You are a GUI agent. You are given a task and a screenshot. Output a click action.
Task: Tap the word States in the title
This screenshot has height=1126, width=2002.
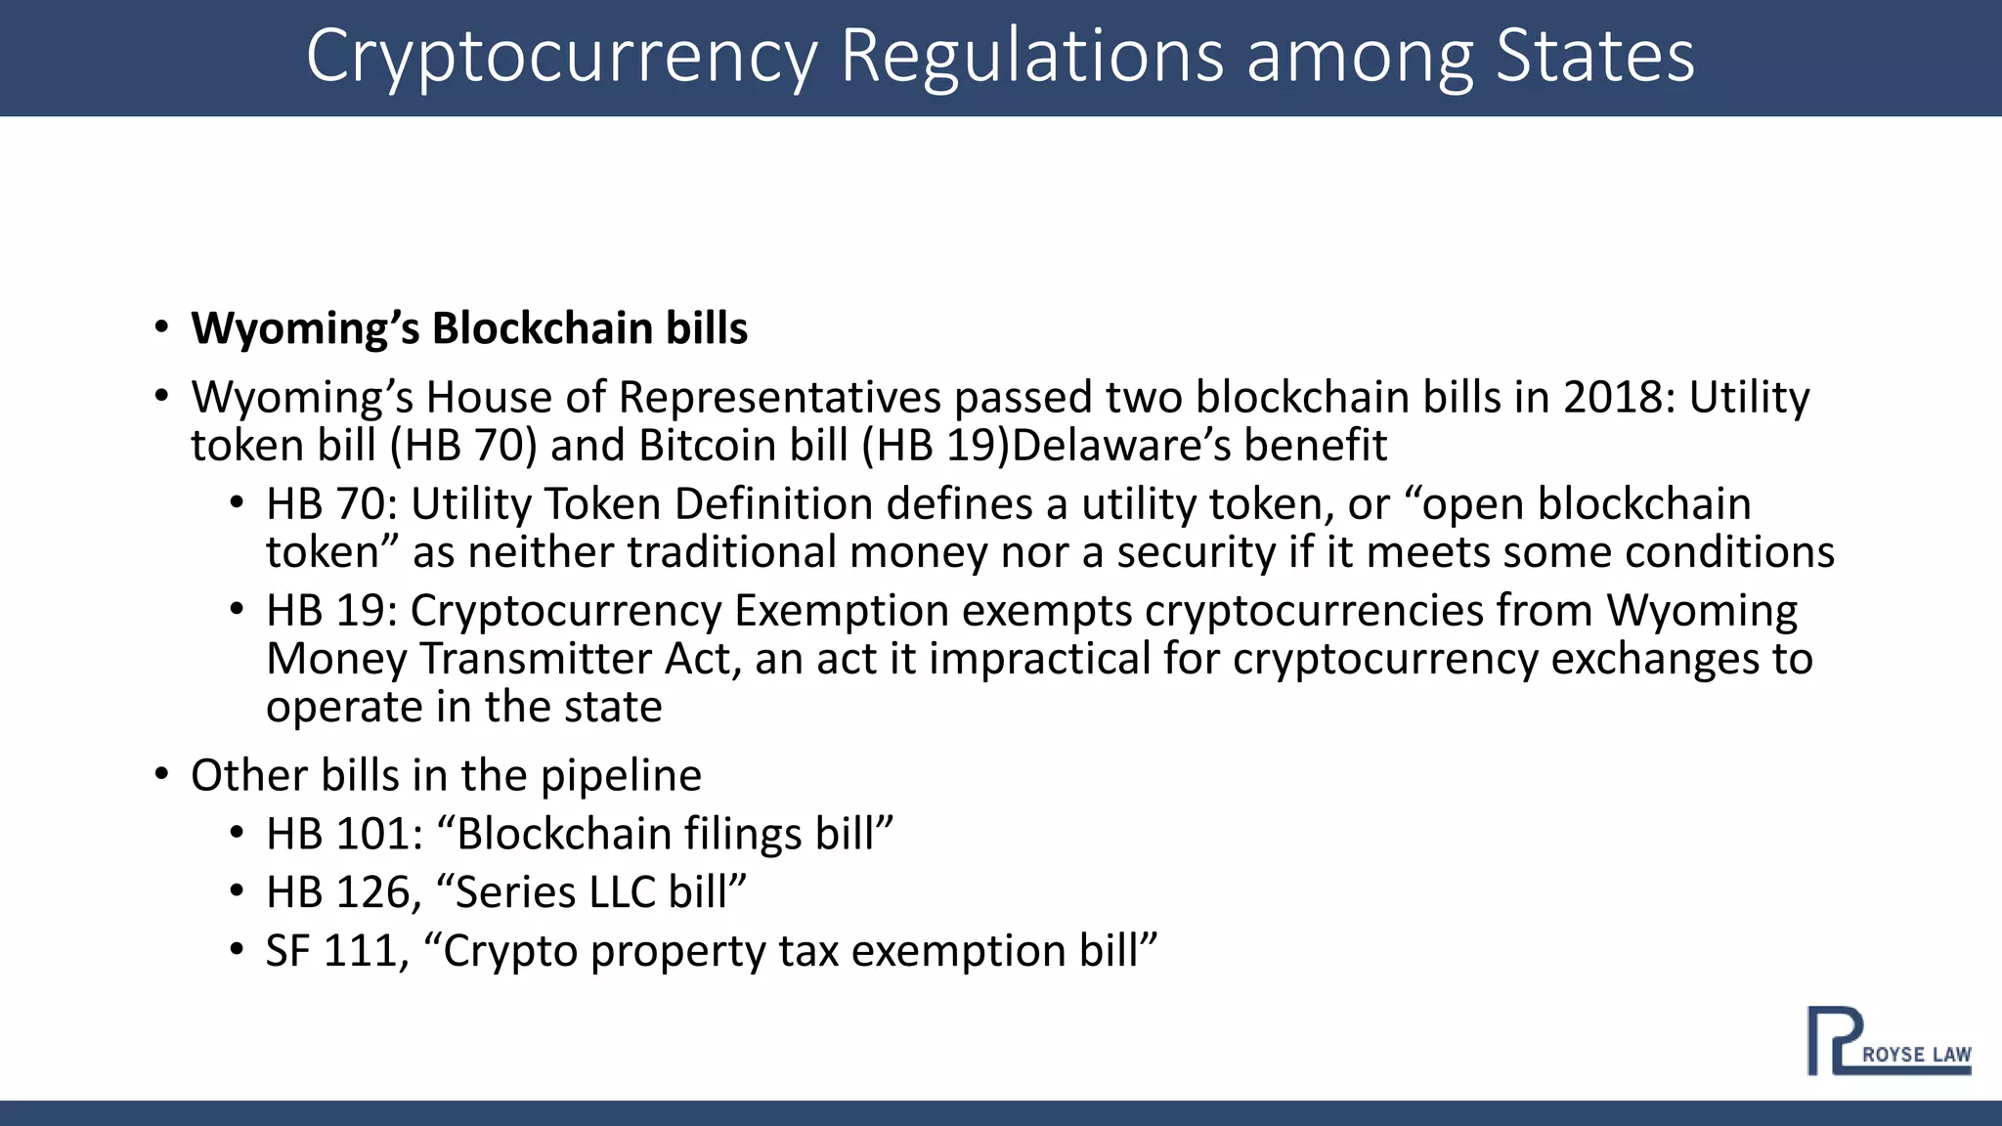coord(1595,57)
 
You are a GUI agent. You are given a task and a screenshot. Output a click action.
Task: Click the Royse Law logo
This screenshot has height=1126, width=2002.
coord(1888,1042)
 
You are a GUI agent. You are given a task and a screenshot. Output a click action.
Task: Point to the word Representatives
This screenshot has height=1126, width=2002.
coord(779,398)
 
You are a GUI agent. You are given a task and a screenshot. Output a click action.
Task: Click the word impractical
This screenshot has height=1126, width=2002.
coord(1039,659)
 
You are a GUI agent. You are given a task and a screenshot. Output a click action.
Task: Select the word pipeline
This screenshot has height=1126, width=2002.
coord(621,776)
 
